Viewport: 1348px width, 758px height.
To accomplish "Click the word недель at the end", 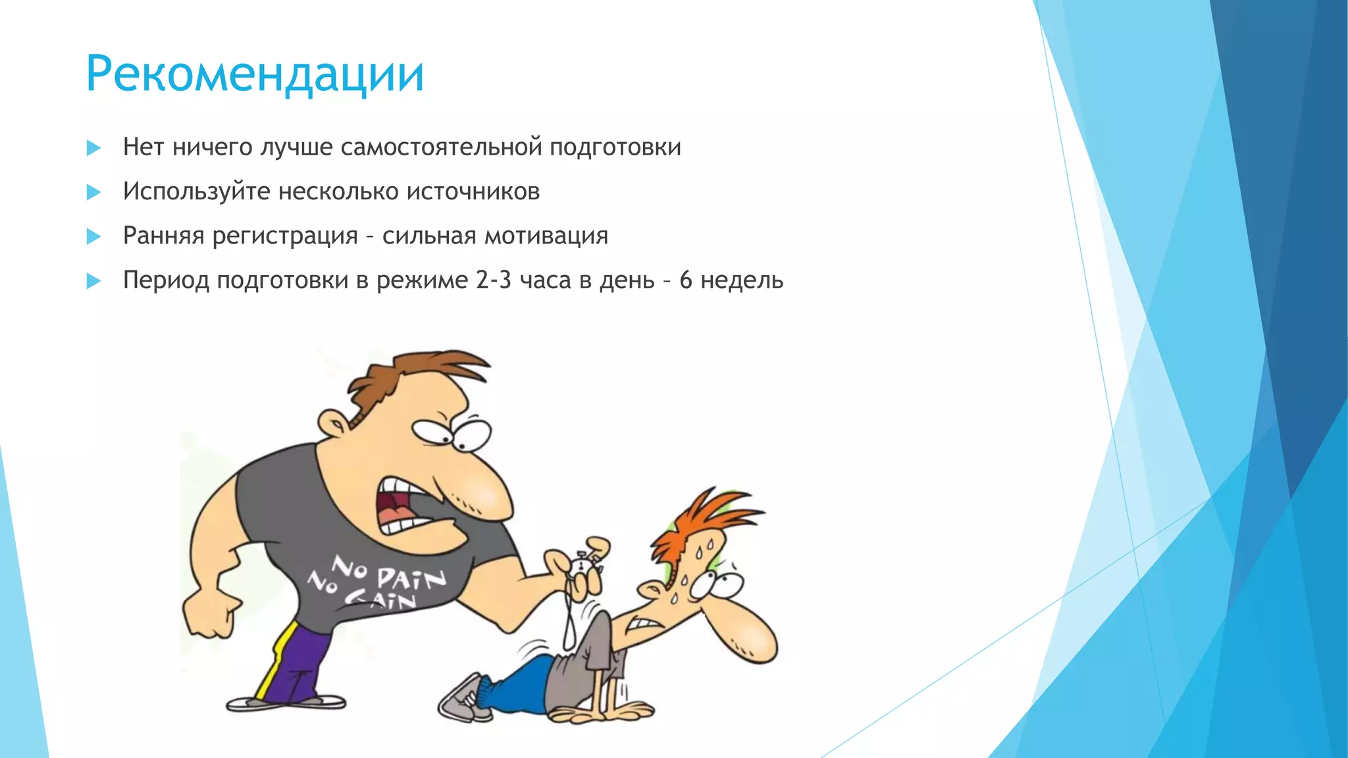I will tap(741, 280).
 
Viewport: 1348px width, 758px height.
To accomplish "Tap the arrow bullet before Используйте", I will tap(93, 192).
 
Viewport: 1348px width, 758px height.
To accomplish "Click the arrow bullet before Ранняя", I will tap(93, 236).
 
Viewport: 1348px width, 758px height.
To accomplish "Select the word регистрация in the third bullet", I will tap(284, 236).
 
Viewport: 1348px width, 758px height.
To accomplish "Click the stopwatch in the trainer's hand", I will tap(583, 565).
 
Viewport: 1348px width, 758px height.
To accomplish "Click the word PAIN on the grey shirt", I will tap(411, 579).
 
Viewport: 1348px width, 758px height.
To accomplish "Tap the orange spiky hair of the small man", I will tap(698, 520).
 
